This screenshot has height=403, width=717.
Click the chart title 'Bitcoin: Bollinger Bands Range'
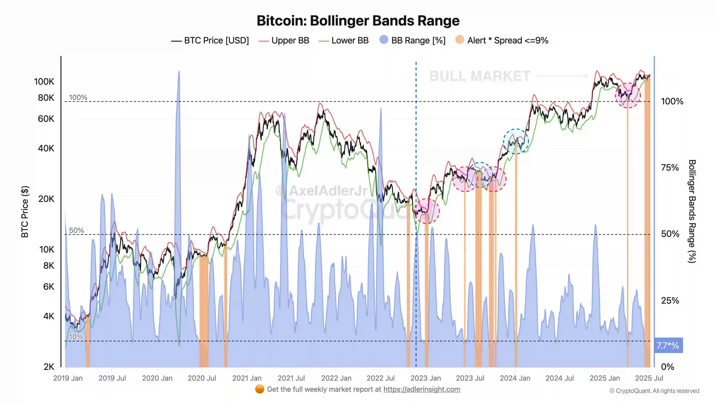click(358, 21)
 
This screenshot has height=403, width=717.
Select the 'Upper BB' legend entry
click(290, 41)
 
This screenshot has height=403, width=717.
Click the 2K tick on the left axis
click(49, 367)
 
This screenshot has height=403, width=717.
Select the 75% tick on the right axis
click(670, 168)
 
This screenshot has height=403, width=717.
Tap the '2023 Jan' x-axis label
click(426, 378)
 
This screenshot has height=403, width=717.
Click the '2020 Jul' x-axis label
click(202, 378)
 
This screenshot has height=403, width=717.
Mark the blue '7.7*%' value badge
click(668, 346)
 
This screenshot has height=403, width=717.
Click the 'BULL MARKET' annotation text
click(480, 76)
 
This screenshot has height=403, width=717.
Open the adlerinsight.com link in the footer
click(422, 389)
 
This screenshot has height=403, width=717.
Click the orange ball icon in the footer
click(259, 389)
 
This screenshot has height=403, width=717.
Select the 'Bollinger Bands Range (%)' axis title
click(692, 211)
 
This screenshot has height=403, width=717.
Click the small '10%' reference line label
click(76, 337)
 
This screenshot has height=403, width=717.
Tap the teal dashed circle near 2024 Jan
click(516, 141)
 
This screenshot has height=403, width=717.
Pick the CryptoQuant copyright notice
click(654, 391)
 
